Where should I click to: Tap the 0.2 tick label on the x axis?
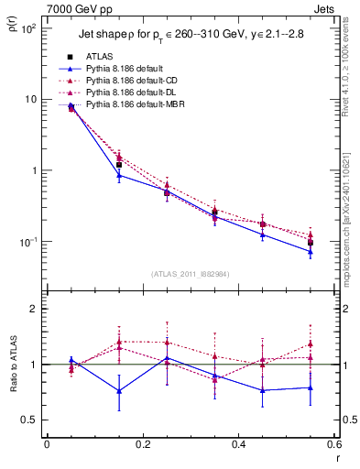(x=142, y=445)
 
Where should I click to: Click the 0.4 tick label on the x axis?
(x=238, y=445)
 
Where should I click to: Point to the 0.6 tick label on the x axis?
(x=333, y=445)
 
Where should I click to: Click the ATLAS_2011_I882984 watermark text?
(x=190, y=273)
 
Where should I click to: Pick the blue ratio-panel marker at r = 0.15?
(x=119, y=391)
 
